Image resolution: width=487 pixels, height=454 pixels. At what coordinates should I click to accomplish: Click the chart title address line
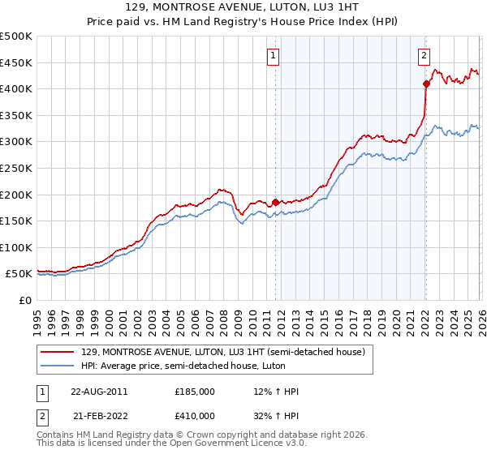[243, 9]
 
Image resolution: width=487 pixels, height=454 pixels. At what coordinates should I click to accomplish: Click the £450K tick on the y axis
[16, 62]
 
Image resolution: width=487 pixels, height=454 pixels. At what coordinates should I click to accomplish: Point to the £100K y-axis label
[16, 247]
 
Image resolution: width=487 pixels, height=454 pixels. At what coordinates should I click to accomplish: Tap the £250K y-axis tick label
[16, 168]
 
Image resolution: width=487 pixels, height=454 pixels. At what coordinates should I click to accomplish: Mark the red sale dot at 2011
[275, 202]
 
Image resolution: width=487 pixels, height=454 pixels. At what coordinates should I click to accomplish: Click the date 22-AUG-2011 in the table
[98, 392]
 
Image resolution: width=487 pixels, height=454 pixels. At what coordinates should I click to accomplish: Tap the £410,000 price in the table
[195, 415]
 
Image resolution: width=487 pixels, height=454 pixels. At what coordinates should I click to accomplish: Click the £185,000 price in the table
[195, 392]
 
